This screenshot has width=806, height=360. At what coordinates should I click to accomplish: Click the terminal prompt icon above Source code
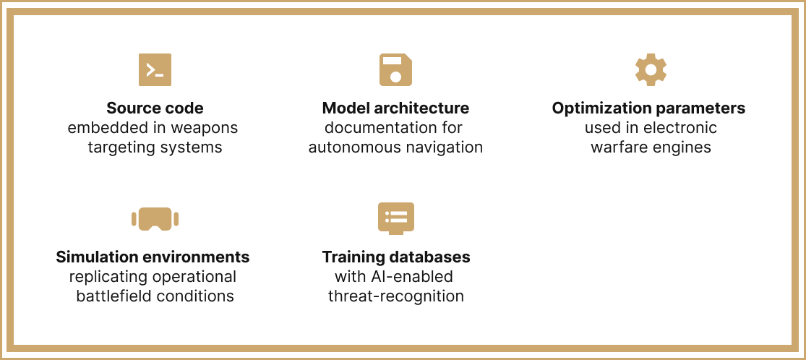pos(155,70)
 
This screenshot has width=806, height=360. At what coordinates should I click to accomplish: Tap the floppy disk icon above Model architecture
pos(395,70)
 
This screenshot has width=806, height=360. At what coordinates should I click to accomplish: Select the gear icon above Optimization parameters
pos(651,69)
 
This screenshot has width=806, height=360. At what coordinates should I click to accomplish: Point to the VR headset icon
pos(155,218)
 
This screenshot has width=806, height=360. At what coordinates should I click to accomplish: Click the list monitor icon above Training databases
pos(396,218)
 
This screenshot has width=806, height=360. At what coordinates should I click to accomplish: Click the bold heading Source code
pos(155,108)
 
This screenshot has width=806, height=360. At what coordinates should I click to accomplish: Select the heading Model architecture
pos(395,108)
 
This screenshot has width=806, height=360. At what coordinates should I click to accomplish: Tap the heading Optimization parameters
pos(648,108)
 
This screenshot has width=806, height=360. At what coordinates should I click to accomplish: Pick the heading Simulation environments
pos(153,257)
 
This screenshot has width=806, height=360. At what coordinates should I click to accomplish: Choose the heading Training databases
pos(396,257)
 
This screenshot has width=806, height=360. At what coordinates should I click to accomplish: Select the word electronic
pos(680,128)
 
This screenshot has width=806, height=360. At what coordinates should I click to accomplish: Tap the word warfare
pos(619,147)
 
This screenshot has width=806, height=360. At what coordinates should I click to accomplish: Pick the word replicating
pos(108,277)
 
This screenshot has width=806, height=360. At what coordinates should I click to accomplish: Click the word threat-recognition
pos(396,296)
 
